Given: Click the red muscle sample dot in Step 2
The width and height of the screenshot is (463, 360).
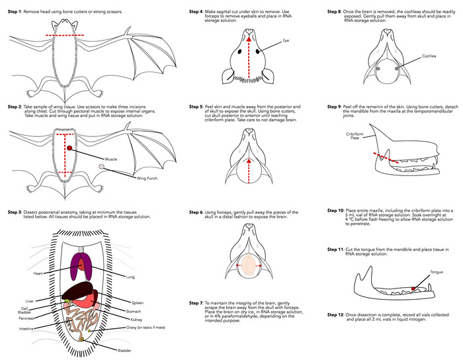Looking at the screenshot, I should click(x=69, y=151).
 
